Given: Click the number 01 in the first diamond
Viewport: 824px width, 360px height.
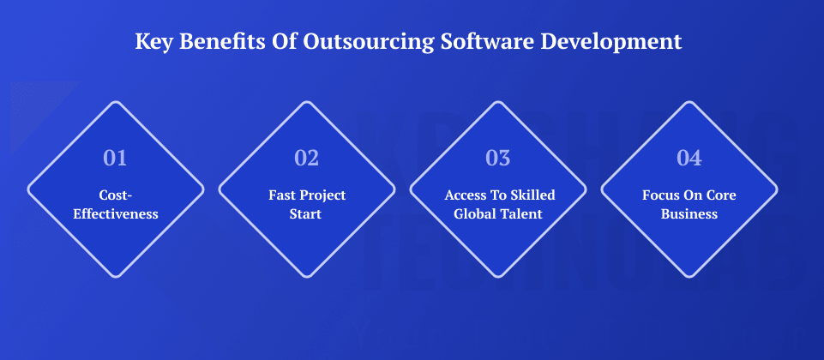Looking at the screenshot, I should pos(115,158).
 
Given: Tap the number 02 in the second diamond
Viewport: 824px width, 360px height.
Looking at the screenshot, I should pos(306,158).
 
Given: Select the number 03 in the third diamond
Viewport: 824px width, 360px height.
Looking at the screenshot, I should pos(497,158).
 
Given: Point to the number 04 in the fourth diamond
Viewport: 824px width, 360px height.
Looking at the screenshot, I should pos(689,158).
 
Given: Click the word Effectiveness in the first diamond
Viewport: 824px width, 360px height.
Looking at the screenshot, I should pos(116,213).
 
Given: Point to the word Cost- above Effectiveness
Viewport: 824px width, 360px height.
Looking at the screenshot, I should pos(116,195).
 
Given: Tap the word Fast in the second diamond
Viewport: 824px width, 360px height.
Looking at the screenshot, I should pos(282,195).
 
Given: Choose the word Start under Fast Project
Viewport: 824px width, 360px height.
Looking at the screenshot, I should pos(306,213).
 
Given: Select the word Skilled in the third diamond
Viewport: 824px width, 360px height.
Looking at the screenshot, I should pos(526,195).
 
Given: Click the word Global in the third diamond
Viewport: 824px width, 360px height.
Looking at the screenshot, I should pos(474,213).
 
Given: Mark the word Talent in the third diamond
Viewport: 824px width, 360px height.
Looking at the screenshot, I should pos(521,213).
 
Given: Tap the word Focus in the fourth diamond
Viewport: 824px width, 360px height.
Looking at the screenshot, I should pos(660,195).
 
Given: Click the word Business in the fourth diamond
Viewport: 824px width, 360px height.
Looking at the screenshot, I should pos(689,213).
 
